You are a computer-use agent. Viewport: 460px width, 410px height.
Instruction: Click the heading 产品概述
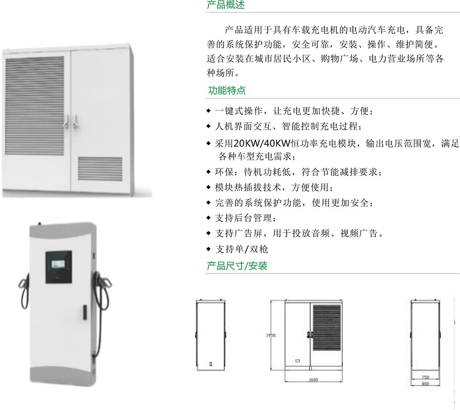[x=225, y=6]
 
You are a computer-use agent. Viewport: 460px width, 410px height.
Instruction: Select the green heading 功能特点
[x=227, y=90]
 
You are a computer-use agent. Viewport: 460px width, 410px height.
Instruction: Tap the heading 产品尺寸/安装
[x=237, y=266]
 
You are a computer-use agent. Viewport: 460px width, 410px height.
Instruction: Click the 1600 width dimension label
[x=313, y=380]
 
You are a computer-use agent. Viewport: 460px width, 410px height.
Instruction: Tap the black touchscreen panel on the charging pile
[x=58, y=267]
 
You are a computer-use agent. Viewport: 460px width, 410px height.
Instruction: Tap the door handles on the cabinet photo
[x=71, y=121]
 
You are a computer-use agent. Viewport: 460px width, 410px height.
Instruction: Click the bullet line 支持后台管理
[x=246, y=218]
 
